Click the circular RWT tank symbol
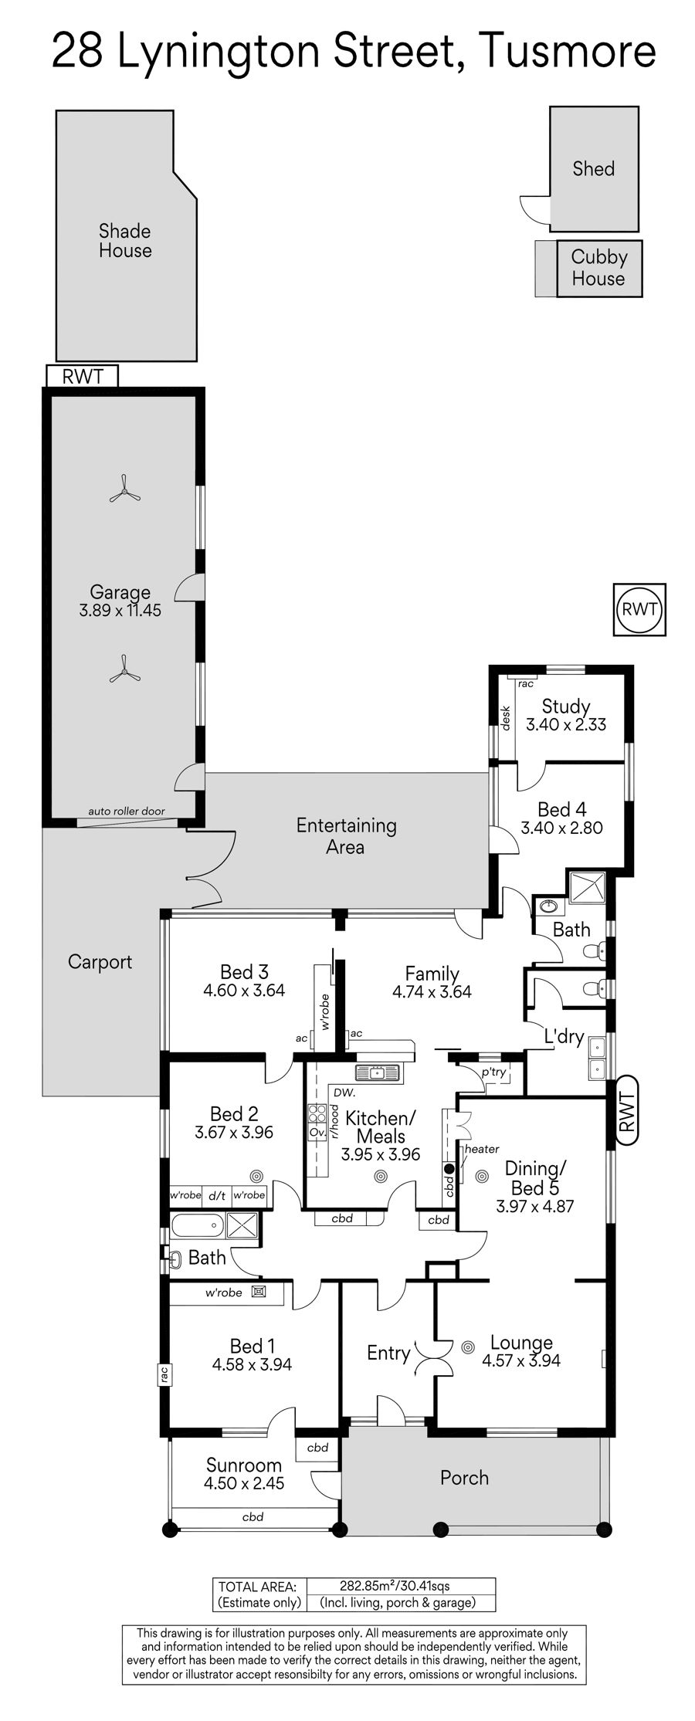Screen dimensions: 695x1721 [x=639, y=609]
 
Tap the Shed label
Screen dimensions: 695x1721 [x=593, y=168]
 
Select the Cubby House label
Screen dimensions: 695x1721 [x=598, y=268]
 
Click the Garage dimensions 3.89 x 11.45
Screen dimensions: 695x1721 [x=120, y=611]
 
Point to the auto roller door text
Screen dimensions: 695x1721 [x=127, y=811]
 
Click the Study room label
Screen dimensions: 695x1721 [x=566, y=706]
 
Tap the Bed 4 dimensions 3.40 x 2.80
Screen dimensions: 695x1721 [x=562, y=828]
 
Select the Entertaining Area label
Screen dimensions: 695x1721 [x=346, y=836]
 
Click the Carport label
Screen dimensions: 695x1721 [x=100, y=962]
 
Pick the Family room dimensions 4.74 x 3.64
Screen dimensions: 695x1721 [x=432, y=991]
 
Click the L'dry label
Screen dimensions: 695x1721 [x=564, y=1037]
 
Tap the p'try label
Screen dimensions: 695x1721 [x=494, y=1073]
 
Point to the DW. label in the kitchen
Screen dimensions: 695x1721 [x=344, y=1093]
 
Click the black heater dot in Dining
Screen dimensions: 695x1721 [x=449, y=1169]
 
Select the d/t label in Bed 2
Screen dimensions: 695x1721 [x=217, y=1196]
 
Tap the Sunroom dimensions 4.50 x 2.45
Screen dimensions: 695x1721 [x=244, y=1483]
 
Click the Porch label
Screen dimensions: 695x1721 [x=464, y=1479]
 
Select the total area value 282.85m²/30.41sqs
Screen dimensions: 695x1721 [x=395, y=1587]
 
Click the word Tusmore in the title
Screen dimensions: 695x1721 [x=567, y=52]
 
